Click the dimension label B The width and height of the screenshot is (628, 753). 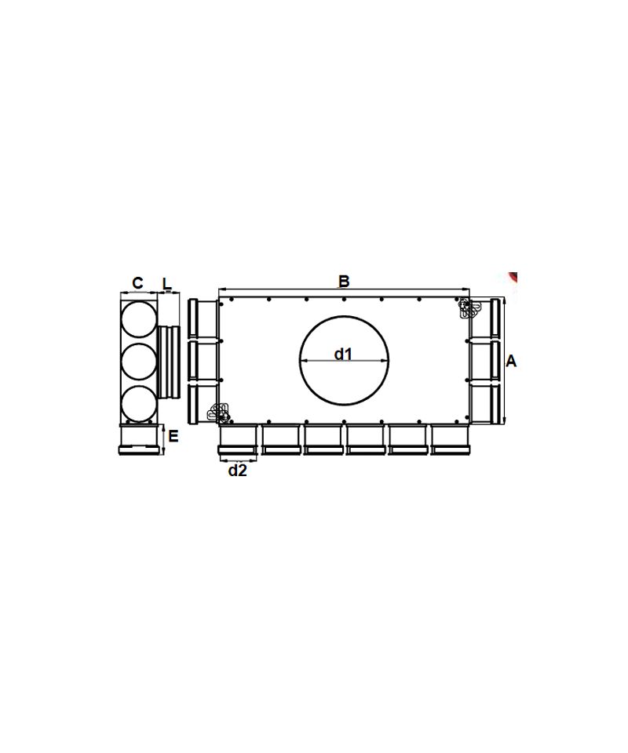point(344,281)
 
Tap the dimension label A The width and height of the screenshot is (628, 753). point(511,361)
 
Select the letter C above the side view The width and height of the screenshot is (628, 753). point(137,283)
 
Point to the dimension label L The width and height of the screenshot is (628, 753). point(166,283)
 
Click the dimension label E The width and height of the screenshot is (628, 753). point(173,436)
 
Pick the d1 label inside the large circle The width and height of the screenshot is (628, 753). point(344,354)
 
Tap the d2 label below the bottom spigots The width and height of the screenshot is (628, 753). point(237,471)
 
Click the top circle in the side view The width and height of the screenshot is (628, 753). point(139,320)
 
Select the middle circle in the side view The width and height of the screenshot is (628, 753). point(139,362)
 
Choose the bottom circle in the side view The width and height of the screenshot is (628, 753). point(139,403)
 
